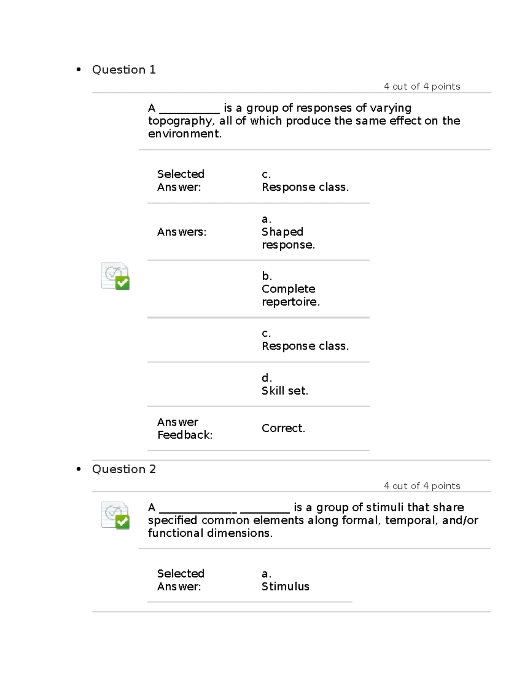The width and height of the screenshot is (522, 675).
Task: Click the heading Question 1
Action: click(124, 70)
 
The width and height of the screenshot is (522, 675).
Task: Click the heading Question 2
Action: click(124, 469)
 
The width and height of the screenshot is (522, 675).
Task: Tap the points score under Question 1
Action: click(422, 86)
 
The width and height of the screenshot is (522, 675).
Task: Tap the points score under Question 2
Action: click(422, 486)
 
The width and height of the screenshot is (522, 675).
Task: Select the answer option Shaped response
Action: click(288, 238)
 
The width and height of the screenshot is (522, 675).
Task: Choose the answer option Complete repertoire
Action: click(290, 295)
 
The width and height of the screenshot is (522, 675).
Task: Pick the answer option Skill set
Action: click(284, 391)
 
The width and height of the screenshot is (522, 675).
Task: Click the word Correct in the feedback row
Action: click(283, 428)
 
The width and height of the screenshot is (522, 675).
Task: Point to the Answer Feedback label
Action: click(184, 428)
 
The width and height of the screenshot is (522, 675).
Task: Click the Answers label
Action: click(181, 232)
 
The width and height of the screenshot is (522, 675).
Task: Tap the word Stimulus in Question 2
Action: click(285, 586)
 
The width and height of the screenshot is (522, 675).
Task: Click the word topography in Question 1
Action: click(180, 121)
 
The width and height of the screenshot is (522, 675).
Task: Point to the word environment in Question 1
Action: click(184, 134)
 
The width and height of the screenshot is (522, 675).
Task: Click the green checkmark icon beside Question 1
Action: click(123, 283)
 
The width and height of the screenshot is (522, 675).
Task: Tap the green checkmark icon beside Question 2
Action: click(123, 522)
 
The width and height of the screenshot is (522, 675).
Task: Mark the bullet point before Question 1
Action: click(79, 70)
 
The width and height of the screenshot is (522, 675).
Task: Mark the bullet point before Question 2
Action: click(79, 469)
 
